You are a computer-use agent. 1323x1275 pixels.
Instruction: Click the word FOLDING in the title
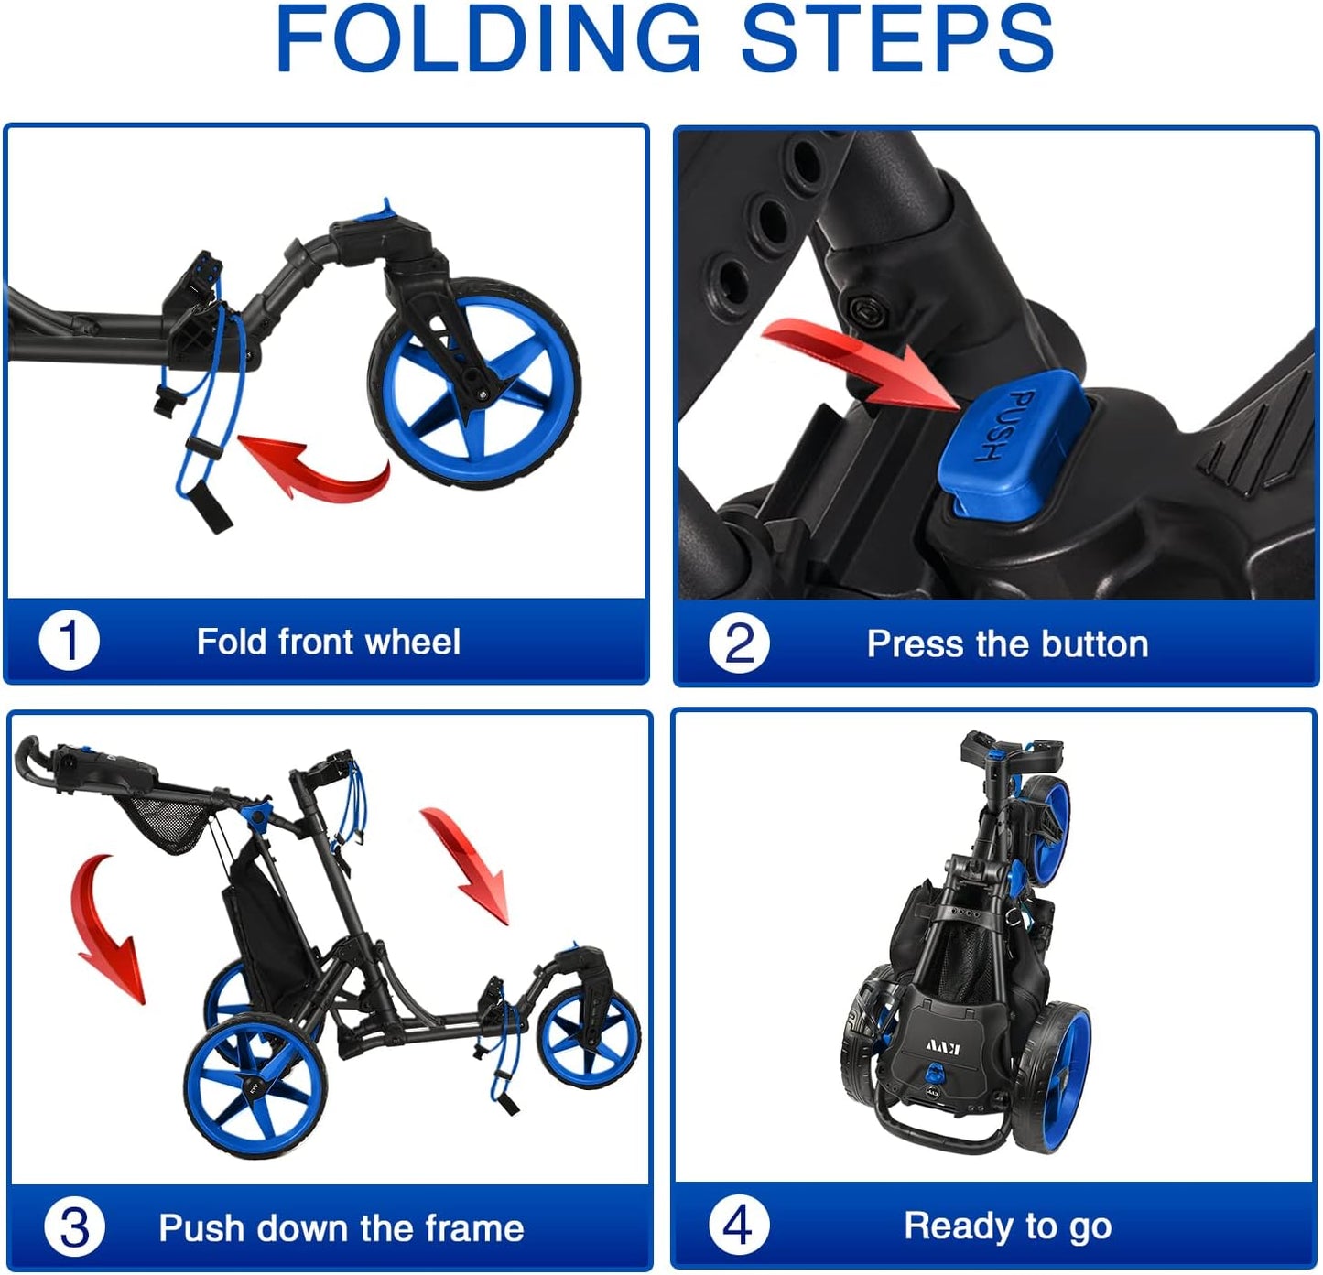tap(487, 38)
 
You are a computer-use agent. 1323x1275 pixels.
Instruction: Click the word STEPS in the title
tap(897, 38)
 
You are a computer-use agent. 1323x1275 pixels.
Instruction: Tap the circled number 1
tap(69, 642)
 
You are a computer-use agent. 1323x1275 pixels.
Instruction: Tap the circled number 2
tap(739, 644)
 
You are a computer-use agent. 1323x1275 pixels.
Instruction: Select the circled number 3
tap(74, 1227)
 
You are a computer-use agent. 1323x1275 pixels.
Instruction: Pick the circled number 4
tap(738, 1225)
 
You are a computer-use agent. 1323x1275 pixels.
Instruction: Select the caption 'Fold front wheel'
tap(328, 642)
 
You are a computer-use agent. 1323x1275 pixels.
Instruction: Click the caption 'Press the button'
tap(1007, 644)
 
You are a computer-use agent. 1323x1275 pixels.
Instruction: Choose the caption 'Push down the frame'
tap(342, 1227)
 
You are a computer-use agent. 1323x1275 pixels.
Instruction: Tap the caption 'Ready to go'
tap(1007, 1225)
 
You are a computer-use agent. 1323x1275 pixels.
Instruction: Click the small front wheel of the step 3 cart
tap(588, 1039)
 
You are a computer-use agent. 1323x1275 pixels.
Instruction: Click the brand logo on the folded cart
tap(941, 1046)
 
